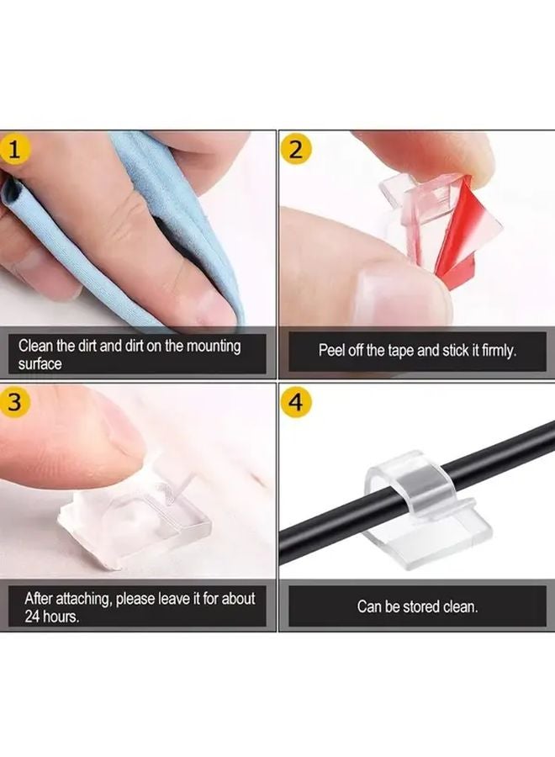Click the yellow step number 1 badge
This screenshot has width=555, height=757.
tap(14, 150)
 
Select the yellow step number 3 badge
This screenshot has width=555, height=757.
tap(14, 402)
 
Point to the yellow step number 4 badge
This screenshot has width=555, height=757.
tap(296, 402)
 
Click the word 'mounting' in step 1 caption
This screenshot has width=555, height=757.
tap(214, 347)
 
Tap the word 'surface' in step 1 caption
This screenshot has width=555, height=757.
tap(40, 364)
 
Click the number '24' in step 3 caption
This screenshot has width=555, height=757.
tap(32, 617)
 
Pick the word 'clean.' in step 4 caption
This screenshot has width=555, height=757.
tap(461, 606)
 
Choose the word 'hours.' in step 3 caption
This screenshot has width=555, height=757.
tap(61, 617)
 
